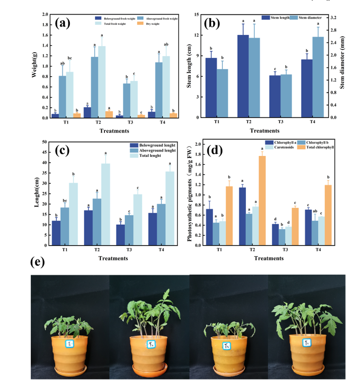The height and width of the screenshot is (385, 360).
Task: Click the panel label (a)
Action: (63, 24)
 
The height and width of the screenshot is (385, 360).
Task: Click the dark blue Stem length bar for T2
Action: (243, 76)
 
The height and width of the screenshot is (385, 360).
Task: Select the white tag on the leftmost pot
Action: (69, 344)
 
